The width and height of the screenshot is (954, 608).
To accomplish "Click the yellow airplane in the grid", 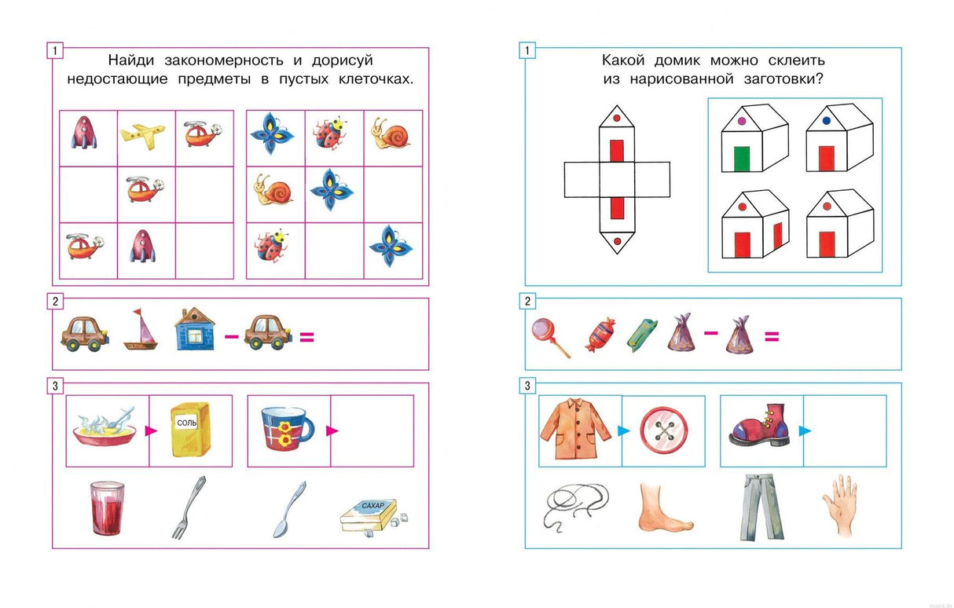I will (x=143, y=134).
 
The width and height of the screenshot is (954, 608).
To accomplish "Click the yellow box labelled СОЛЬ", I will (x=191, y=429).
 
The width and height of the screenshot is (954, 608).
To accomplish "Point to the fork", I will (x=189, y=507).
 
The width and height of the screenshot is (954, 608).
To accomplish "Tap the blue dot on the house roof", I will (x=826, y=122).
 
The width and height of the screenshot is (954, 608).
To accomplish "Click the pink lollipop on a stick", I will (x=550, y=337).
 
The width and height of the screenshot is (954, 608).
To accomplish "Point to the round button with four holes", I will (x=662, y=430).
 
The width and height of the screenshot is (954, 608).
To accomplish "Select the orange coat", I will (x=578, y=430).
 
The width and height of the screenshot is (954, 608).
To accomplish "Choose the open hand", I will (x=838, y=504).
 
